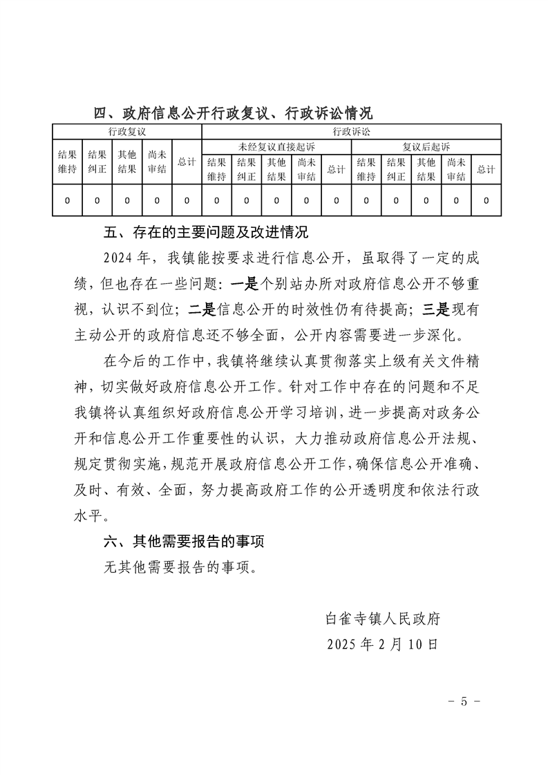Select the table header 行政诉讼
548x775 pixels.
coord(351,131)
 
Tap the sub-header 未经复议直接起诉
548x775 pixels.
coord(276,147)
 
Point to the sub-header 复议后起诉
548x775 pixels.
coord(426,147)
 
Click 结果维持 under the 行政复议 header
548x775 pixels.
coord(67,162)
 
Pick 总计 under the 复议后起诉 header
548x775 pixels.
coord(486,169)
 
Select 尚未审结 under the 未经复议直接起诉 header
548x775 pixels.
coord(306,169)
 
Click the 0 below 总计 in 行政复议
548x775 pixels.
coord(187,200)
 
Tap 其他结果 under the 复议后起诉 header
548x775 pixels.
coord(426,169)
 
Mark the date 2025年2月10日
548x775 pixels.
coord(383,644)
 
